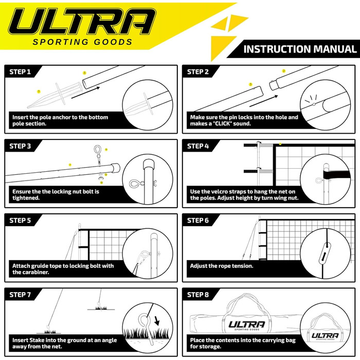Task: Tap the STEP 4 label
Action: pos(199,146)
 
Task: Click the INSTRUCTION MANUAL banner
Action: pos(300,49)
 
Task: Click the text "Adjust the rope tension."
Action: pos(222,266)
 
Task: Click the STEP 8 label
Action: pos(199,295)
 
